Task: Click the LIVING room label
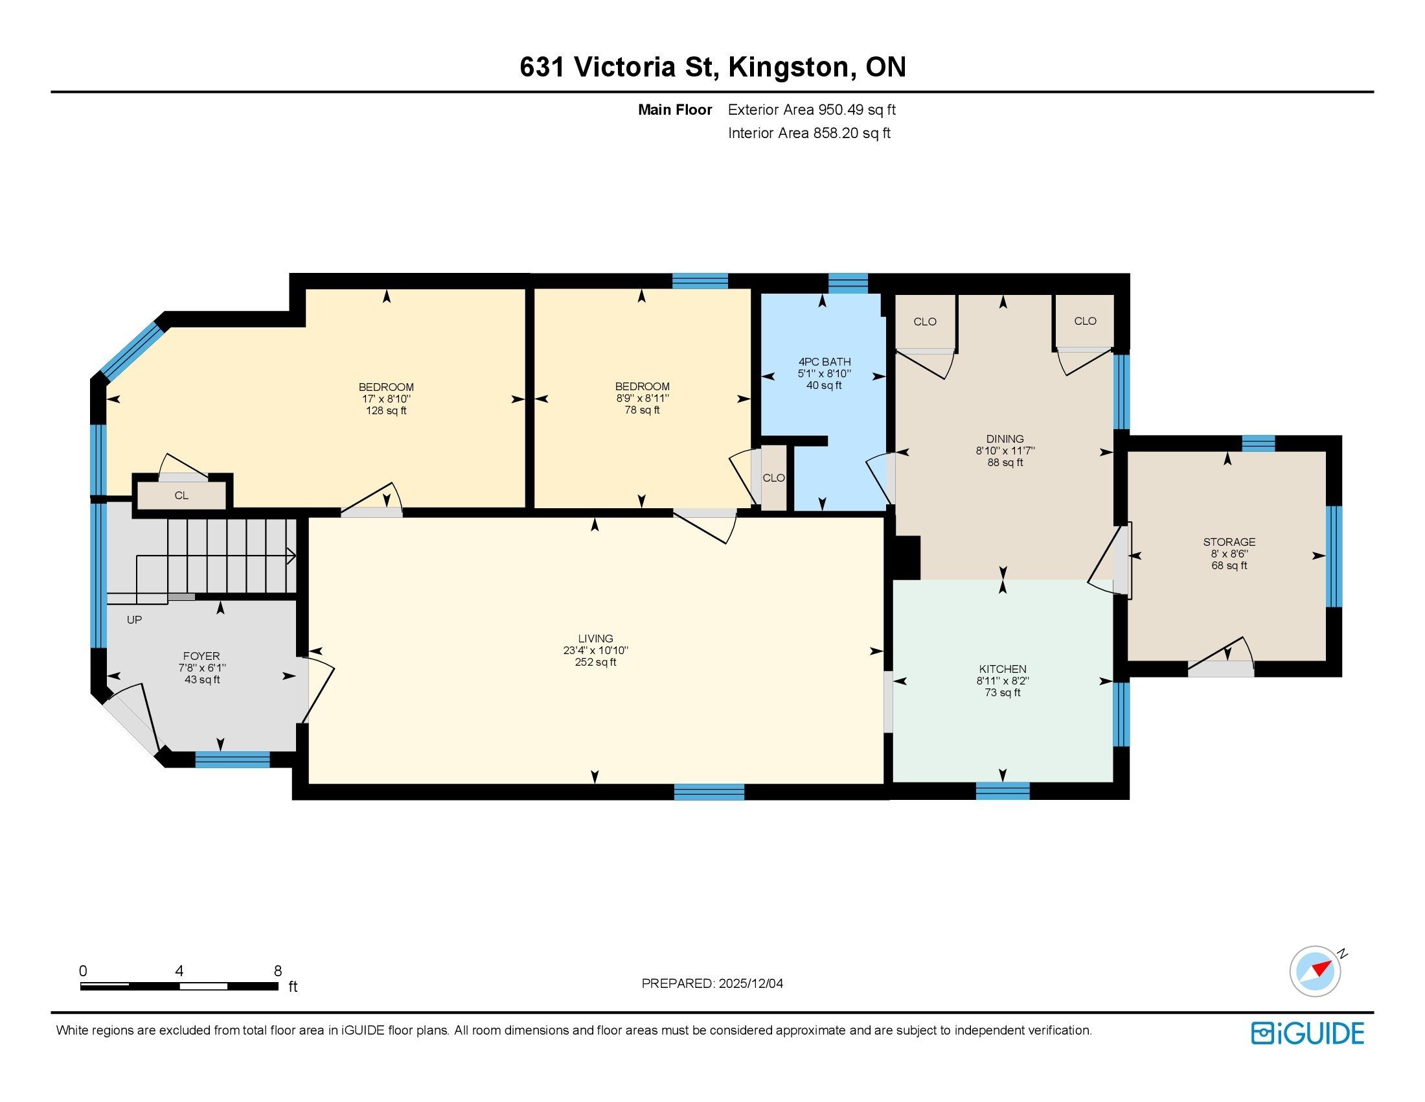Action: [595, 639]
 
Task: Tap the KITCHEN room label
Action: [1002, 669]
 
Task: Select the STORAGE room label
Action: [1229, 542]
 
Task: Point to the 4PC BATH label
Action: [824, 362]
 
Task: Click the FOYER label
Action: [201, 656]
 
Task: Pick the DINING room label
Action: [1005, 439]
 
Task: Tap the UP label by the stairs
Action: [134, 620]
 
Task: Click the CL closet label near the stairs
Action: [181, 495]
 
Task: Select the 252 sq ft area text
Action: [595, 662]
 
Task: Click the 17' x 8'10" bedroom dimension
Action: [385, 399]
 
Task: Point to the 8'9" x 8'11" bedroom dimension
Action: [642, 398]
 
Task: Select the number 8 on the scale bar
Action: [278, 970]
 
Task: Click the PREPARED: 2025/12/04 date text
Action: [712, 983]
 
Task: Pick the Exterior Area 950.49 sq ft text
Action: [812, 110]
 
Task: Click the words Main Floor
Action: [675, 110]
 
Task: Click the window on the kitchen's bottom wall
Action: [1002, 791]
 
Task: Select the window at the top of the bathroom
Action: [849, 283]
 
